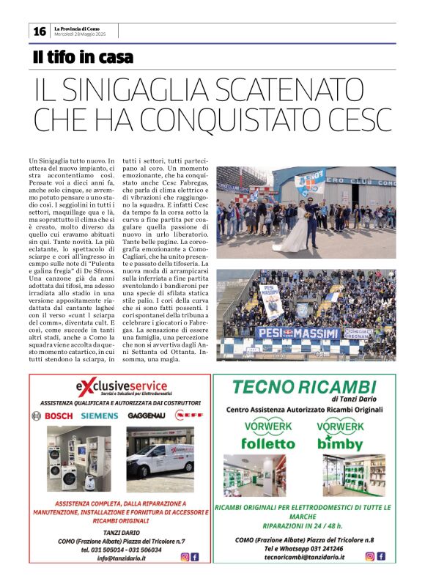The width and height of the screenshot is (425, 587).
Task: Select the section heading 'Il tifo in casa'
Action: coord(83,56)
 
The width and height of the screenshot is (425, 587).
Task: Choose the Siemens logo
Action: coord(99,416)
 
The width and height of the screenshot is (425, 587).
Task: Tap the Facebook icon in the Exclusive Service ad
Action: coord(194,557)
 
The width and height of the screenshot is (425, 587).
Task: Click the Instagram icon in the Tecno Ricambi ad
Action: coord(370,556)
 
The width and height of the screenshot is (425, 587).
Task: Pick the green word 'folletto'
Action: coord(269,443)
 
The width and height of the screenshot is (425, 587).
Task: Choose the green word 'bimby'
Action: coord(341,443)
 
